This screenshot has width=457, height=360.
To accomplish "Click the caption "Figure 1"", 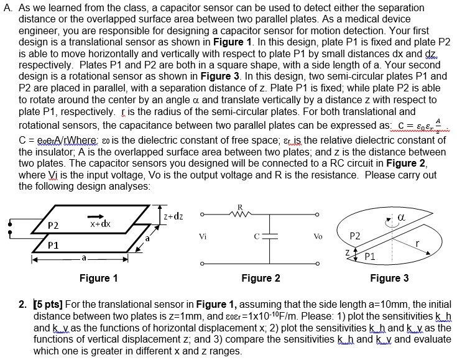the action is [x=99, y=278].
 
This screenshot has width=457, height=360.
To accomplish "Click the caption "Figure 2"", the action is [x=261, y=278].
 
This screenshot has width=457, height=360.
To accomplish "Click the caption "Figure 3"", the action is [x=389, y=278].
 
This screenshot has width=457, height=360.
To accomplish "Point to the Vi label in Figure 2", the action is [x=203, y=237].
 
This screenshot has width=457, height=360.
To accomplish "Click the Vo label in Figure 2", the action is [x=319, y=237].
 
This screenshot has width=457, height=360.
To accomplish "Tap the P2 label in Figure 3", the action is [x=356, y=236].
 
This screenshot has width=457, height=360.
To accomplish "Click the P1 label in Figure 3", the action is [x=371, y=255].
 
